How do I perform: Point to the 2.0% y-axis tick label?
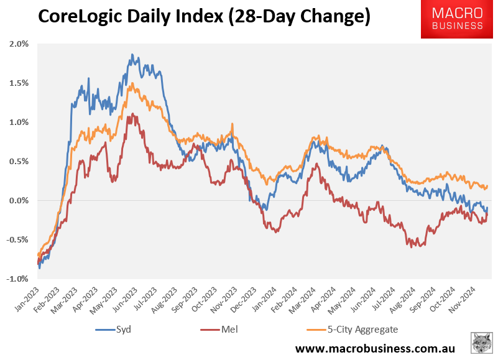coord(19,44)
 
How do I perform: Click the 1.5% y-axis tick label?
coord(19,83)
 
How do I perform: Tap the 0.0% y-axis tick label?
coord(19,200)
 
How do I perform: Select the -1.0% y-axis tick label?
coord(17,279)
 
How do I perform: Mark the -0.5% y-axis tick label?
coord(17,239)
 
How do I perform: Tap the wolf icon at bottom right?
coord(481,343)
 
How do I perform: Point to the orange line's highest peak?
coord(131,84)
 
